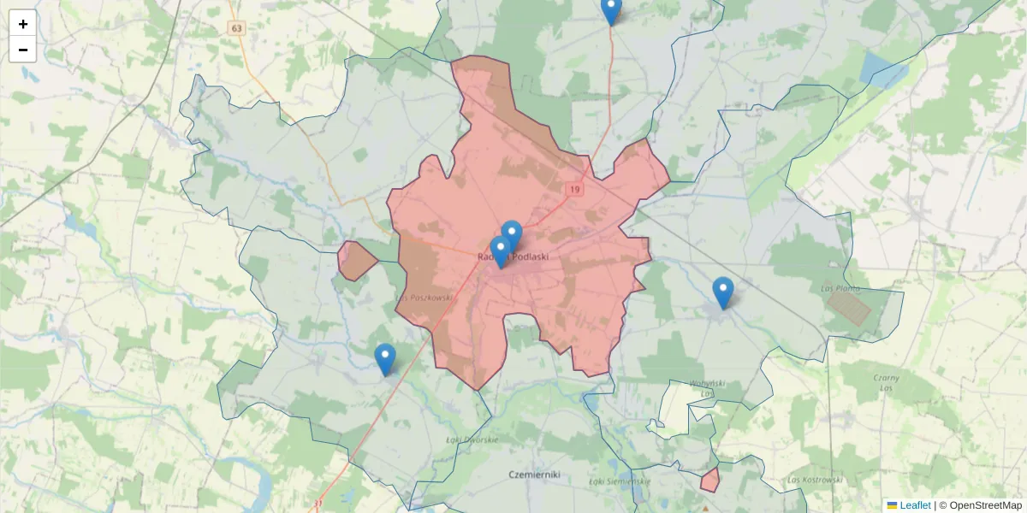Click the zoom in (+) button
point(23,23)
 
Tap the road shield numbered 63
point(237,28)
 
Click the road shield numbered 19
point(573,189)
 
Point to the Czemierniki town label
point(533,474)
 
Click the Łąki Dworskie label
point(472,439)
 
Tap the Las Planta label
point(840,288)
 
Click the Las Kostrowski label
point(815,480)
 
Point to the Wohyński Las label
point(708,388)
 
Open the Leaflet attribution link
point(914,505)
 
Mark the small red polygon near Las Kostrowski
point(709,481)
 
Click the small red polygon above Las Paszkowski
point(356,260)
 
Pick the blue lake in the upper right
point(882,70)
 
